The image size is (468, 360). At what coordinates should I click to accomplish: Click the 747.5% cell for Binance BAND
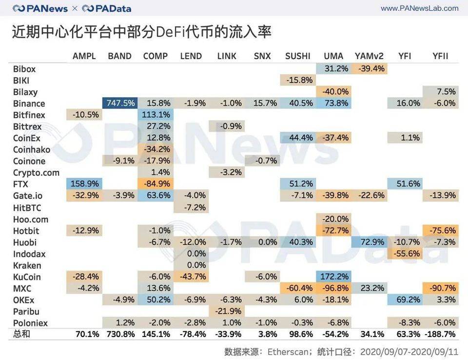click(120, 103)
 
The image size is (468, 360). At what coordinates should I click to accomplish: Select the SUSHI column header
click(297, 56)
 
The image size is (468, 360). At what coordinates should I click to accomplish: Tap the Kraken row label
click(27, 265)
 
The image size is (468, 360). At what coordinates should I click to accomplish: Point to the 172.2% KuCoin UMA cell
click(333, 277)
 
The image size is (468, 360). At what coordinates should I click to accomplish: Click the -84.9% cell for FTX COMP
click(156, 184)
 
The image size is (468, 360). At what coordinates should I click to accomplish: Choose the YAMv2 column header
click(370, 56)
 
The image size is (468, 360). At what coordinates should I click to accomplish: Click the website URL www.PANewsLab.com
click(419, 8)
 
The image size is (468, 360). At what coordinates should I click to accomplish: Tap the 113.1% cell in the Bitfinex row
click(156, 115)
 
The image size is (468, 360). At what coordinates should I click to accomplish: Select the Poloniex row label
click(31, 323)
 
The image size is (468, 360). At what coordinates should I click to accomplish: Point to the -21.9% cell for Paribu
click(227, 312)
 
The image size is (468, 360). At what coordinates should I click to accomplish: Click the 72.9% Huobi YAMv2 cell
click(369, 242)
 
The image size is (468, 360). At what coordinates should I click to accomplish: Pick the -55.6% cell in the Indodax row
click(405, 254)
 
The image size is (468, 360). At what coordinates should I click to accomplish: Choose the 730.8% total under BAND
click(120, 334)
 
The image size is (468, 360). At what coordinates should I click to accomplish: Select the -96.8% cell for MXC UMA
click(333, 288)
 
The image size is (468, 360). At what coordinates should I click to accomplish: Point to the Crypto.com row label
click(36, 173)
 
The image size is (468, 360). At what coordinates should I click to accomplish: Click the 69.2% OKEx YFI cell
click(405, 300)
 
